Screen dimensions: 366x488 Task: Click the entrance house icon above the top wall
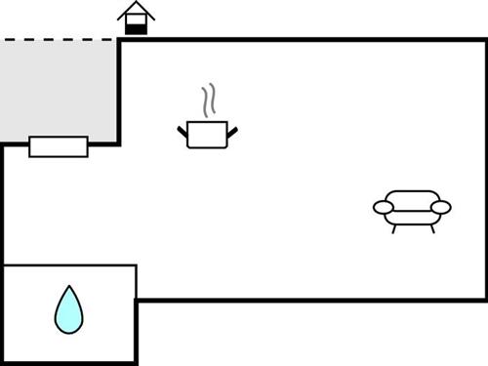point(136,19)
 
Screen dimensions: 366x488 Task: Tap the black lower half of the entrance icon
point(136,28)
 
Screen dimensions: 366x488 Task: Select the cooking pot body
point(207,135)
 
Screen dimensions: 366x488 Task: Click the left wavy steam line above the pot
point(204,101)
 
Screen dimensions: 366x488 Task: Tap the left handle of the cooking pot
point(183,130)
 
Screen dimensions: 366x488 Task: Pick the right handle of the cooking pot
point(232,130)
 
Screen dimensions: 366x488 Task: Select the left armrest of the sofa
point(385,207)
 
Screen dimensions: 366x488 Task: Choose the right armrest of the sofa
point(440,207)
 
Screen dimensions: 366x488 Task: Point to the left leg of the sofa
point(393,229)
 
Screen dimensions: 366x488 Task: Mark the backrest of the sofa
point(412,196)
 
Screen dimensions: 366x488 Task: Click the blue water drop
point(68,312)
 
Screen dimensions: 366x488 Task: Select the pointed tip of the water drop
point(68,289)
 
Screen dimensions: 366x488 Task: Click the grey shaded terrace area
point(59,88)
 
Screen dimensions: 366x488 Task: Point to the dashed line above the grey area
point(59,40)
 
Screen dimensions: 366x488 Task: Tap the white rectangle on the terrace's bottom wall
point(59,146)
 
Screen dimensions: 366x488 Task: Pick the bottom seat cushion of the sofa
point(412,217)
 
